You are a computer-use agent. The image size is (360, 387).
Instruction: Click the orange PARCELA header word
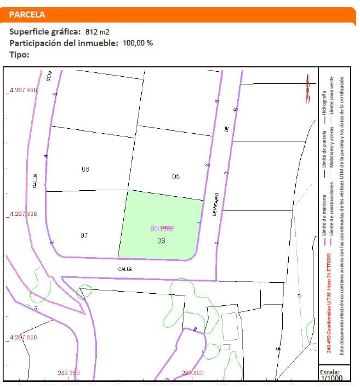[x=27, y=15]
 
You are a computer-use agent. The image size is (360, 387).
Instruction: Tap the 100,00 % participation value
[x=138, y=43]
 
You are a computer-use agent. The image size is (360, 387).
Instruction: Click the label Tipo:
[x=19, y=54]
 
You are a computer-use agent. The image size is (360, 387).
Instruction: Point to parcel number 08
[x=85, y=169]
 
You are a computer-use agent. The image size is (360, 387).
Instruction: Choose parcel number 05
[x=176, y=177]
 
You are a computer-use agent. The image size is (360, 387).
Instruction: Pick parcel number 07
[x=84, y=236]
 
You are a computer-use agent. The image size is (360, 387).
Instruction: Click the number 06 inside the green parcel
[x=161, y=241]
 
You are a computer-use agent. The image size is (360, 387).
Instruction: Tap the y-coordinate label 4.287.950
[x=22, y=90]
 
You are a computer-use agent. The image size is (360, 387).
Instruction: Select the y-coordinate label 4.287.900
[x=22, y=214]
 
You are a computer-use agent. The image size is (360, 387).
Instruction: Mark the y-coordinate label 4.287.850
[x=22, y=338]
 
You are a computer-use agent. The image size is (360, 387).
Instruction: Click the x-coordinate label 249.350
[x=68, y=373]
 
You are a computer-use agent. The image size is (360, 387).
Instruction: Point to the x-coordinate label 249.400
[x=192, y=373]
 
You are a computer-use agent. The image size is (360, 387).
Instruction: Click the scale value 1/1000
[x=331, y=378]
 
